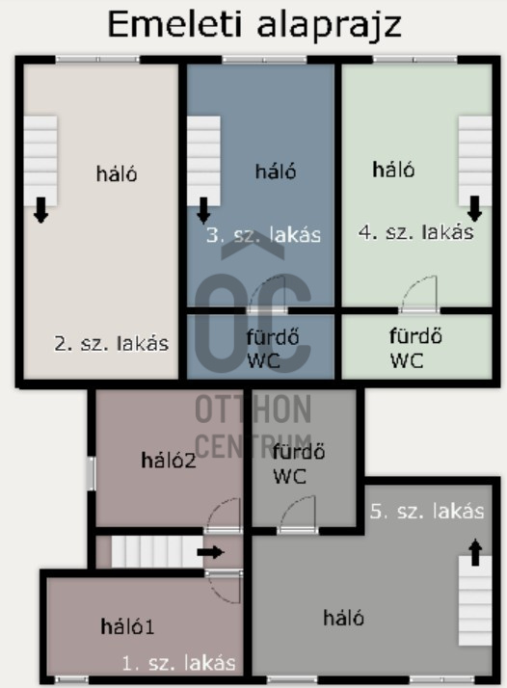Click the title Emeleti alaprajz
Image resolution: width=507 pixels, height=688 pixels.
tap(254, 25)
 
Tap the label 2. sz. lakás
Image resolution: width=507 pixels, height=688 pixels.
tap(111, 344)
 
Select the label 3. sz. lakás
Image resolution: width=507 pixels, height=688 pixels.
tap(263, 235)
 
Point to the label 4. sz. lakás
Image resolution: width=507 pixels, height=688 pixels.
tap(416, 232)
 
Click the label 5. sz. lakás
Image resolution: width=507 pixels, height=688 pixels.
tap(427, 511)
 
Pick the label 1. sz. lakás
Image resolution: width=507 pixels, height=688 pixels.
tap(178, 663)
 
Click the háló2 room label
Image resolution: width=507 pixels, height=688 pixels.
tap(169, 461)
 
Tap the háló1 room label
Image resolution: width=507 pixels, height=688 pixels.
tap(127, 626)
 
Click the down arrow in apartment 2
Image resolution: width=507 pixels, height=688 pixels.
tap(40, 210)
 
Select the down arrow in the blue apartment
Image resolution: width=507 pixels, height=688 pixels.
tap(203, 210)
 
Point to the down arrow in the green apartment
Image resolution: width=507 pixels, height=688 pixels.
tap(474, 208)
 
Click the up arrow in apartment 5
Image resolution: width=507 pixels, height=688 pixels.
tap(475, 552)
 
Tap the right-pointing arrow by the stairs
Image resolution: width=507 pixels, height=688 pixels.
tap(211, 552)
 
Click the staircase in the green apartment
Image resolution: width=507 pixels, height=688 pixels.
tap(475, 161)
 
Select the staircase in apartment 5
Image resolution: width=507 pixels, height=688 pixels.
tap(475, 600)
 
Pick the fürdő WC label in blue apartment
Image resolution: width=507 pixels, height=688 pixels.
tap(273, 349)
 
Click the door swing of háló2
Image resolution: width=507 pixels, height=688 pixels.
tap(224, 516)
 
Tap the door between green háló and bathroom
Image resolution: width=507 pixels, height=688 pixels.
tap(419, 294)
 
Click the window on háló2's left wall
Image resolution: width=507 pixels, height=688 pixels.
tap(91, 473)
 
